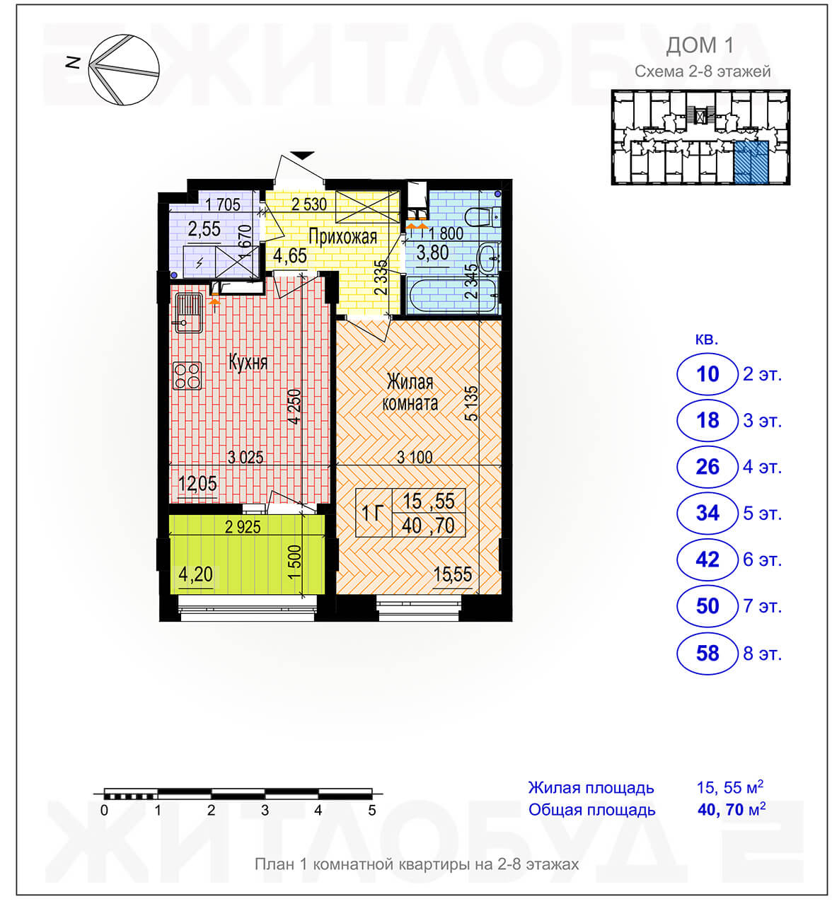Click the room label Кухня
pos(248,362)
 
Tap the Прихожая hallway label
pos(342,237)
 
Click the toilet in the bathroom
pos(483,216)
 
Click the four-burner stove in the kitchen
pos(187,375)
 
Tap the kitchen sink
pos(187,313)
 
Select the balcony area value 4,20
pos(195,574)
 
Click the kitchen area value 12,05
pos(197,484)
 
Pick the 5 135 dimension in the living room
pos(473,403)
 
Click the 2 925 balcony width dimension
pos(243,527)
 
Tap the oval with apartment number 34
pos(707,513)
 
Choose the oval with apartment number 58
pos(707,654)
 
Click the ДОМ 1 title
pos(700,45)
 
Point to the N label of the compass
pos(73,62)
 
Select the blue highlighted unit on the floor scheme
pos(751,162)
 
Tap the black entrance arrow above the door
pos(302,155)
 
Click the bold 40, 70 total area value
pos(721,809)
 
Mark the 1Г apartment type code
pos(372,513)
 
